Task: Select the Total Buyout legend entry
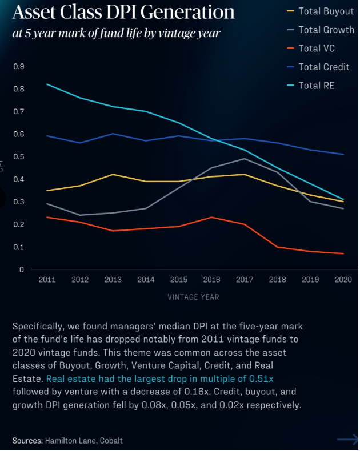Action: point(326,11)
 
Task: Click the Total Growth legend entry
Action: point(326,30)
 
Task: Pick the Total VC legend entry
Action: point(317,49)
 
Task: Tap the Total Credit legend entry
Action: point(324,67)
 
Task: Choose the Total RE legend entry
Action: point(317,86)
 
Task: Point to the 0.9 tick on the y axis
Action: point(19,67)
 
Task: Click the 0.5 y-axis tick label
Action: point(19,157)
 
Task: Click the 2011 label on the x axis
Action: point(47,280)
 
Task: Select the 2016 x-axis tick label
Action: point(211,280)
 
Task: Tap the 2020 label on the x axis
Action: point(343,280)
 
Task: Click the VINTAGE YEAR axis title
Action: point(193,297)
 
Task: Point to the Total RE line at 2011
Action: point(47,84)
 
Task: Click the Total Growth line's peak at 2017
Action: point(245,159)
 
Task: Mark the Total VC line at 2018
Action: point(278,247)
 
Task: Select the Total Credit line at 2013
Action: point(113,134)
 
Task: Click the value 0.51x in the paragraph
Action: point(267,378)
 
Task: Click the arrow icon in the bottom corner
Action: point(347,439)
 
